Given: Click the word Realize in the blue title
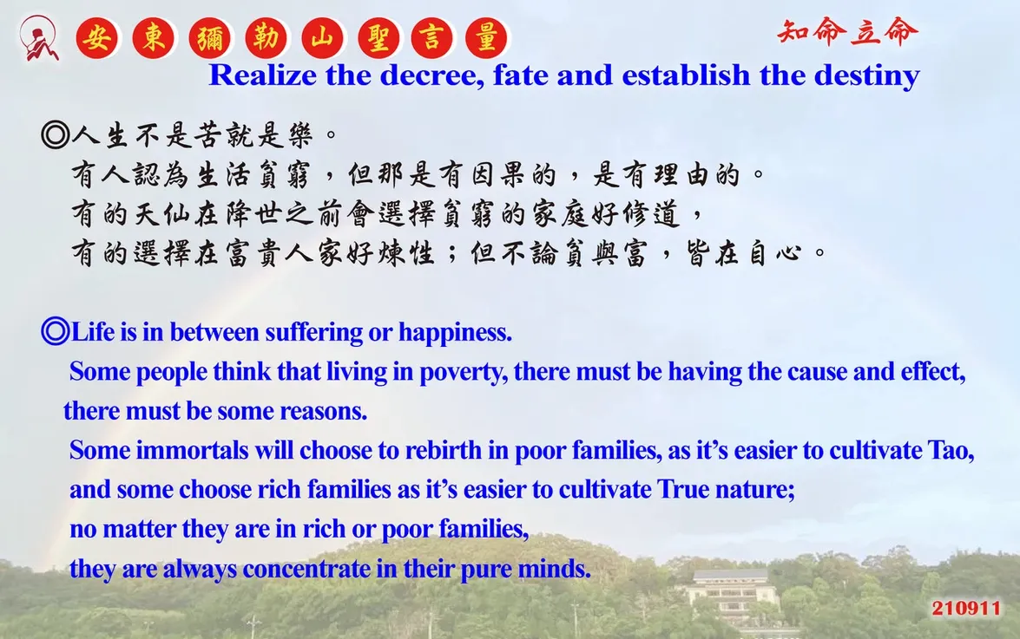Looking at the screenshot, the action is (263, 75).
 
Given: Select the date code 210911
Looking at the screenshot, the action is (966, 608).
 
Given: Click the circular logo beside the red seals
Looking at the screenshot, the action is (39, 38).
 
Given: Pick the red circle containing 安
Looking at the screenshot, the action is (97, 37).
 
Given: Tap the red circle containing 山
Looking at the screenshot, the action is (323, 37).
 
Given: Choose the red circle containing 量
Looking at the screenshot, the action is (487, 37).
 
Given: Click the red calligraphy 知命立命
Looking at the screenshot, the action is (847, 32).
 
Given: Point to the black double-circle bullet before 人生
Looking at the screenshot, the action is (55, 134).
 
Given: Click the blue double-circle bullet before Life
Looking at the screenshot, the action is (55, 331).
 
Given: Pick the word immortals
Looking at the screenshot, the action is (193, 451).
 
